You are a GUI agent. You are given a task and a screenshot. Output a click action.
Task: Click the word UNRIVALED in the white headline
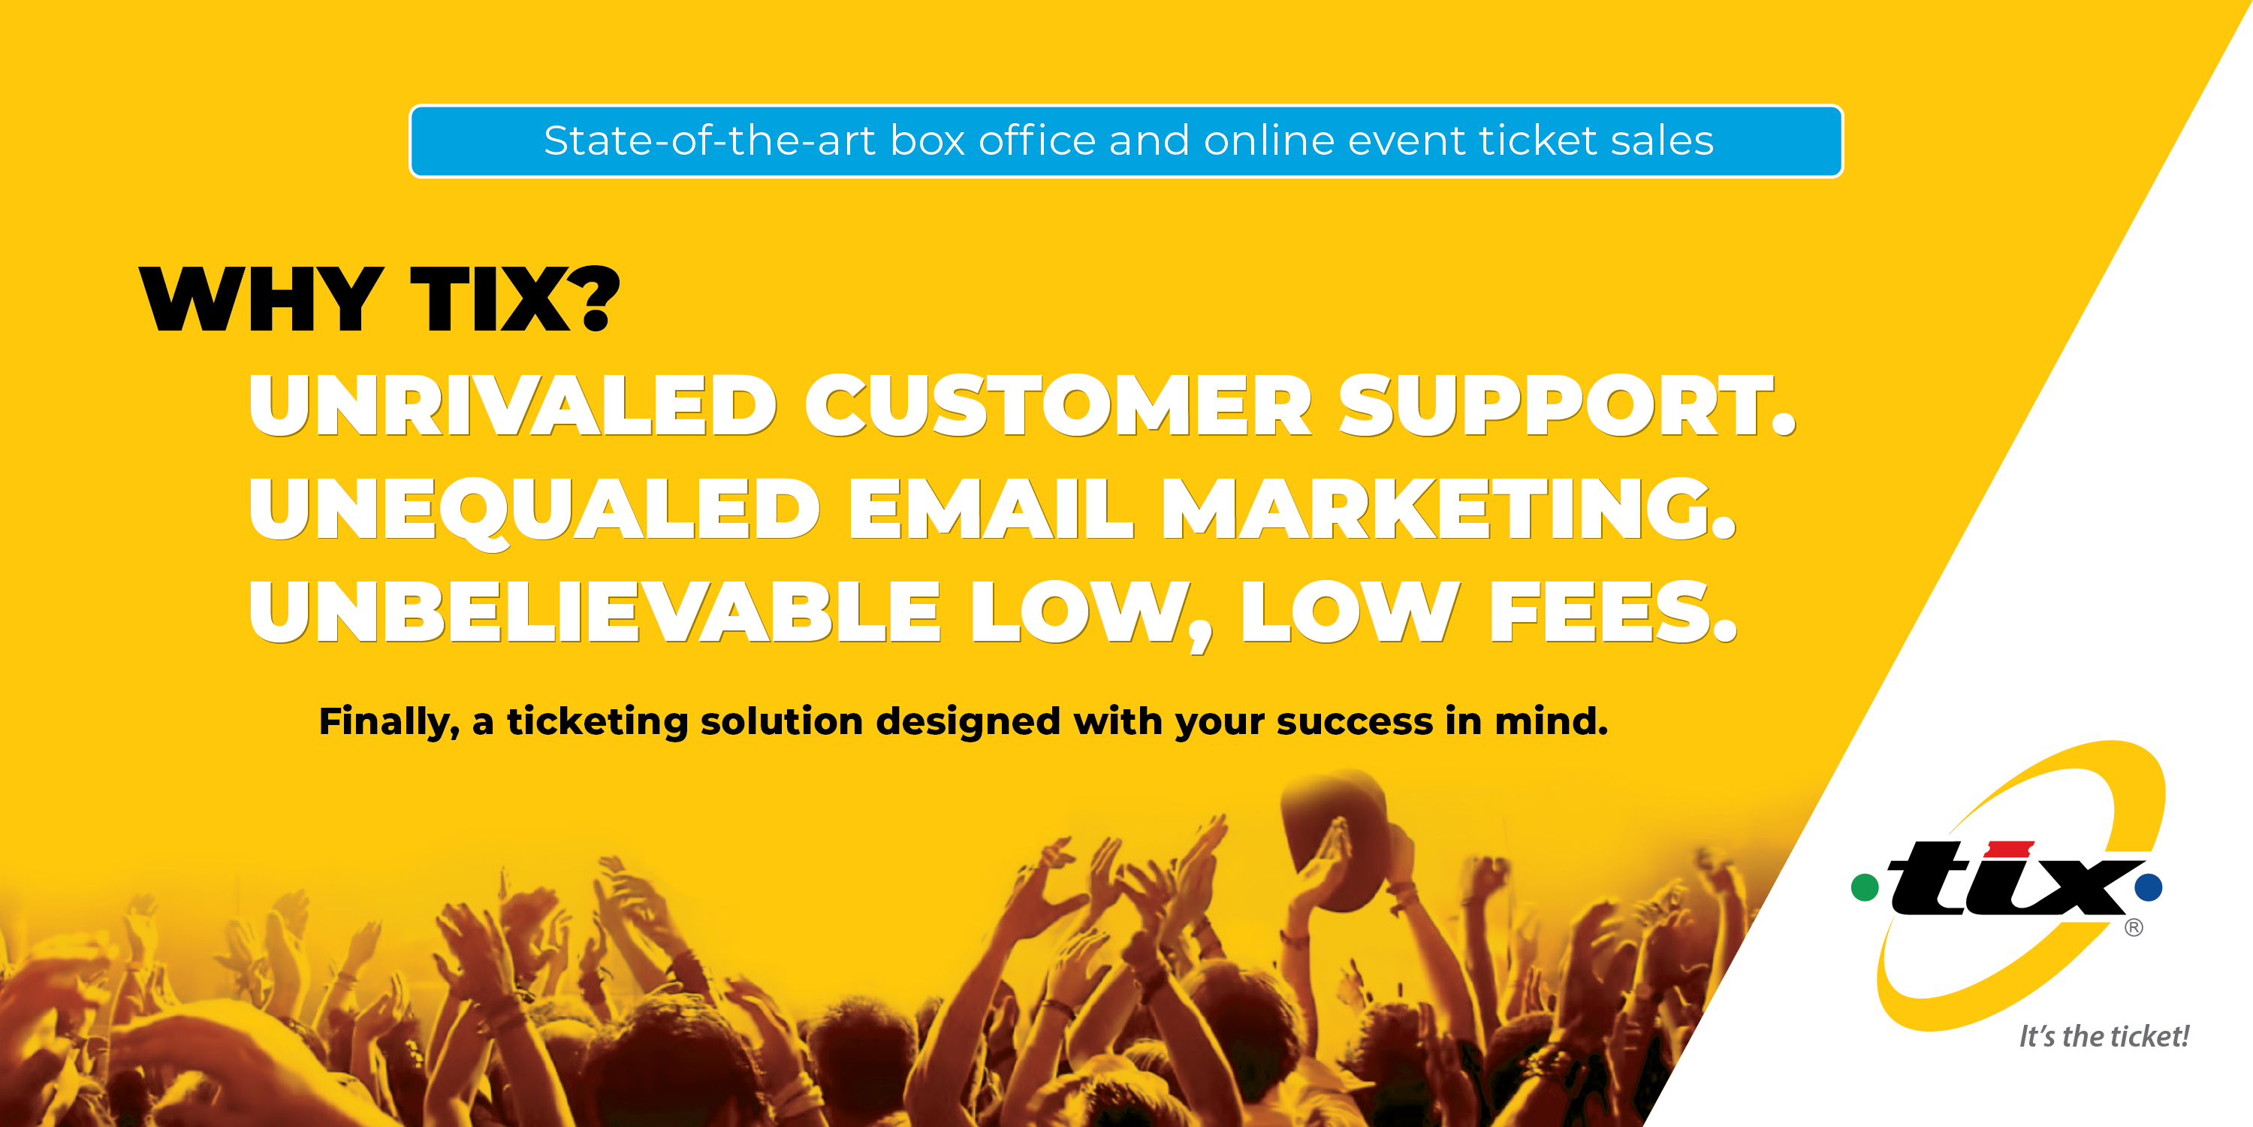coord(512,405)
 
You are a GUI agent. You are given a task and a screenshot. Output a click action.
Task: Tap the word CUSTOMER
coord(1058,405)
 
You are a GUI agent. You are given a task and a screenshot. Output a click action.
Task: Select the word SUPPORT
coord(1567,405)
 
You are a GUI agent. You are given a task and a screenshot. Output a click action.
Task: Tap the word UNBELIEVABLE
coord(595,612)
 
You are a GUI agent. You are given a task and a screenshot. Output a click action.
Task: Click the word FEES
coord(1613,612)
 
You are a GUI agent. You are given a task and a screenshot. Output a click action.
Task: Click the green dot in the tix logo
coord(1865,887)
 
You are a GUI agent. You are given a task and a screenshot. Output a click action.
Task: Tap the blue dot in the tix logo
coord(2148,887)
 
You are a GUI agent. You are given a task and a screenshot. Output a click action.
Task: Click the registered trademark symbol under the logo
coord(2134,927)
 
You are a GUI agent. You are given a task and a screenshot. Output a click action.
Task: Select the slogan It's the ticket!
coord(2104,1037)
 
